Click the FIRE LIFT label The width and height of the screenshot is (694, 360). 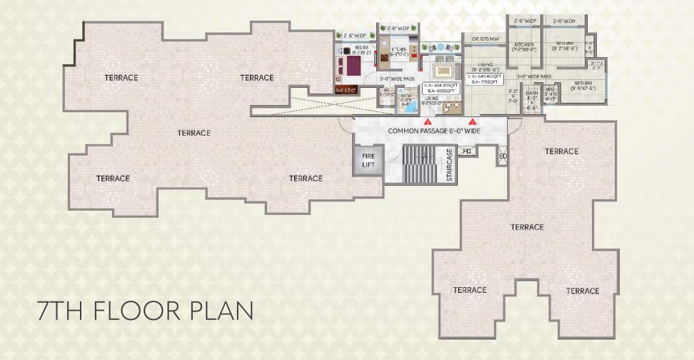[x=368, y=160]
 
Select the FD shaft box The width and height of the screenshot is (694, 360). [x=467, y=151]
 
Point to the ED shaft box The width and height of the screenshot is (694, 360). [x=503, y=156]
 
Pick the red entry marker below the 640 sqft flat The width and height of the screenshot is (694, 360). [x=472, y=124]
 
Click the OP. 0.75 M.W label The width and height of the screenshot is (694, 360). [x=485, y=37]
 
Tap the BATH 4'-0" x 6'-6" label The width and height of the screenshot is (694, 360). [x=531, y=98]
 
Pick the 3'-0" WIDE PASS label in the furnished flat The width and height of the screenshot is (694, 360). [x=397, y=79]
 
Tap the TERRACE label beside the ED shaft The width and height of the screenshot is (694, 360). [x=561, y=151]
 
